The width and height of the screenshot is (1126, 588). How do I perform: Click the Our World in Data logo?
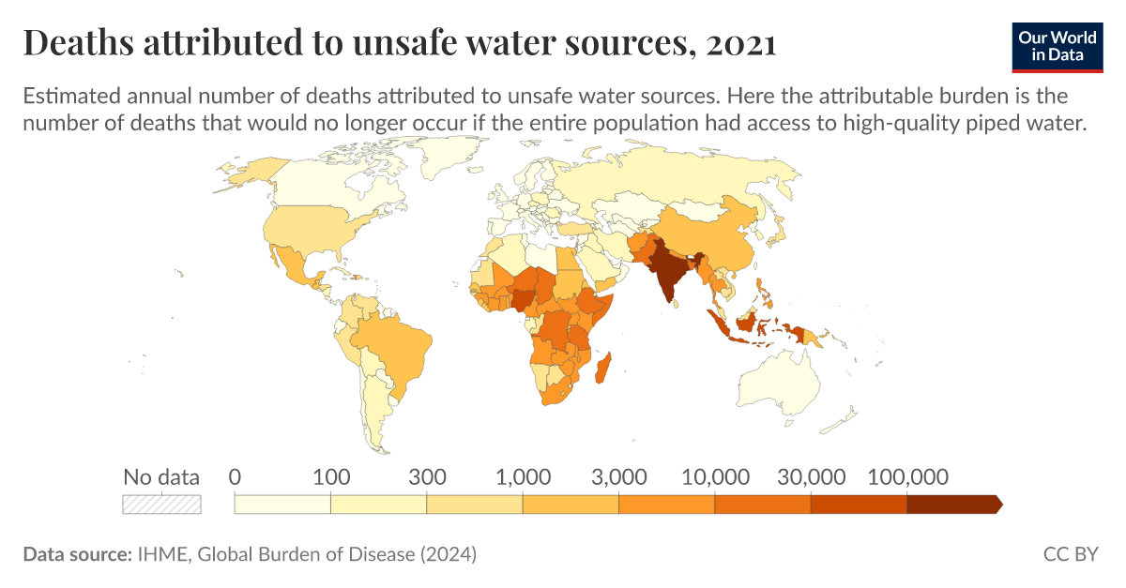coord(1058,44)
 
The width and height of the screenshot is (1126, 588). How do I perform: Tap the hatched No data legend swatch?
coord(162,504)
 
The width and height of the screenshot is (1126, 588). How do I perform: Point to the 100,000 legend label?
coord(906,476)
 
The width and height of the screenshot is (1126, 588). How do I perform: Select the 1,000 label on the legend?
coord(523,476)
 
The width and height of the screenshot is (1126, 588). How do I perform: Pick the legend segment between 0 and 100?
coord(282,504)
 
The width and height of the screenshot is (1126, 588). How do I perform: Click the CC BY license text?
coord(1070,554)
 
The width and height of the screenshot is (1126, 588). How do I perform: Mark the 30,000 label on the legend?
coord(810,476)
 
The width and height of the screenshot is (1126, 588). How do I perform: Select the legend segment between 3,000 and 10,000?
coord(666,504)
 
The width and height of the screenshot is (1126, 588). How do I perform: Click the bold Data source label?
coord(76,554)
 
